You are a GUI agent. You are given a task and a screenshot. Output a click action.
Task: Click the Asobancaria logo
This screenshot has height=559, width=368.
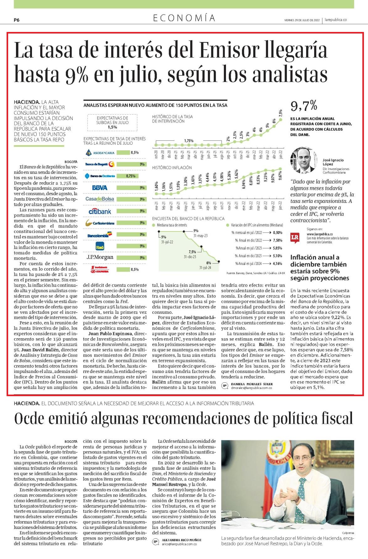(100, 153)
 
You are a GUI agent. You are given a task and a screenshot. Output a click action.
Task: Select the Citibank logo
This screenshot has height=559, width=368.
(100, 211)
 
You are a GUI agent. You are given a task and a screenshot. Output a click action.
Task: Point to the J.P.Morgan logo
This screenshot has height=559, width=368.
(100, 257)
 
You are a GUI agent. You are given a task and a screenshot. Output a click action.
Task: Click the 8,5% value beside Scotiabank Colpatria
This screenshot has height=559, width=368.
(134, 269)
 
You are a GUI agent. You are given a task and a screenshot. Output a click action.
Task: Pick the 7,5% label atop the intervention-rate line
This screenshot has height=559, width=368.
(280, 113)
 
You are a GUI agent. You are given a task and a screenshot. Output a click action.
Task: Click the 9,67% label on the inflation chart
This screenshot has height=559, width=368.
(280, 179)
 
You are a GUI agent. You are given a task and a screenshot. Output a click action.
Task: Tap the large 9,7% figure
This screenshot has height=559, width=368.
(304, 106)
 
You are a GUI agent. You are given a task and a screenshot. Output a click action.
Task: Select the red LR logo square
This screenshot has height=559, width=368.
(295, 237)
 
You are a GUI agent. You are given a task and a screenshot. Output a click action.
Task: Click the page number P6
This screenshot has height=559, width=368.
(17, 20)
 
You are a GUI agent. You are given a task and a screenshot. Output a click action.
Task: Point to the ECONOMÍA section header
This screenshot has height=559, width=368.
(184, 18)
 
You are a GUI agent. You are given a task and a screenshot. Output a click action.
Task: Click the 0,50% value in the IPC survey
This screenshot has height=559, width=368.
(277, 233)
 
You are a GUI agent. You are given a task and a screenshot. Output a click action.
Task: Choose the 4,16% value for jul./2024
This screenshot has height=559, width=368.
(277, 264)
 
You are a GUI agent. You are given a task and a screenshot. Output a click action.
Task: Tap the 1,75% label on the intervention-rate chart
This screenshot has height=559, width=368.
(189, 141)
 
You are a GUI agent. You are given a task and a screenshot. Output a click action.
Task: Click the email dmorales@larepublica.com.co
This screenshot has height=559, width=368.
(251, 388)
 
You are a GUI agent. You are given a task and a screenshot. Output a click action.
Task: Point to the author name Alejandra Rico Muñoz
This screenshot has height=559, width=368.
(181, 540)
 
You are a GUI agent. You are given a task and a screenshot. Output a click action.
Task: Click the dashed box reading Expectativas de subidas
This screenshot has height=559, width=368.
(112, 122)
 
